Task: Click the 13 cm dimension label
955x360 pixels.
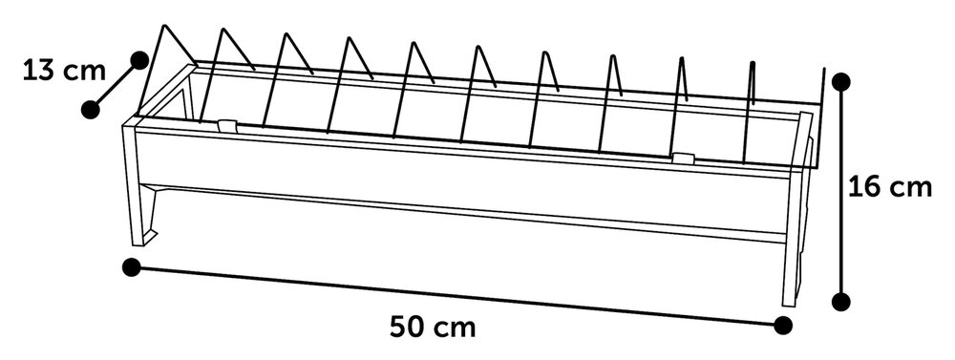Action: (x=52, y=72)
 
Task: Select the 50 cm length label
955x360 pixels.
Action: (x=433, y=327)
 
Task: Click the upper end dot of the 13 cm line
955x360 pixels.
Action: (x=139, y=59)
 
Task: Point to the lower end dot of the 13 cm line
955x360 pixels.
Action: (x=90, y=109)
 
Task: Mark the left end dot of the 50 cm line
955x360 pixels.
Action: (x=133, y=266)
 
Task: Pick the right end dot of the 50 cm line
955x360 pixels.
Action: (x=782, y=325)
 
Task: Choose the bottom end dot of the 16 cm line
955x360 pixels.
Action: (x=841, y=302)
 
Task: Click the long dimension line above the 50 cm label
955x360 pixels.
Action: (x=458, y=295)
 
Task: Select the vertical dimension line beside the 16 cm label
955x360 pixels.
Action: (x=841, y=191)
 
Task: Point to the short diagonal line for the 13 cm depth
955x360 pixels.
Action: (x=115, y=84)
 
